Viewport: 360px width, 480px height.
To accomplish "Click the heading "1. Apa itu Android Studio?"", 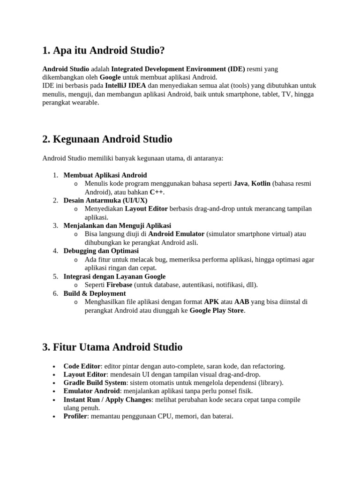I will pyautogui.click(x=104, y=50).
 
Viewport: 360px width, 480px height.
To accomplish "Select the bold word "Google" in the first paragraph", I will pyautogui.click(x=110, y=77).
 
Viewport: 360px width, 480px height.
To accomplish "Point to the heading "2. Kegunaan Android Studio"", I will pyautogui.click(x=107, y=139).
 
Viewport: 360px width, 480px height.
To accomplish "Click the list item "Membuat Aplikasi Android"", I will pyautogui.click(x=105, y=175).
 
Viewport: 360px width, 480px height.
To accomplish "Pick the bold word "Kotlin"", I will pyautogui.click(x=261, y=184).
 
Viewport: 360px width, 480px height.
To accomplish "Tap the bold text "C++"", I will pyautogui.click(x=157, y=192).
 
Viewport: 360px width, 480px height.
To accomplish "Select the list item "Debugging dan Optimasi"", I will pyautogui.click(x=101, y=251).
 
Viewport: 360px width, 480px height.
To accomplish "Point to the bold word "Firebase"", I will pyautogui.click(x=119, y=285).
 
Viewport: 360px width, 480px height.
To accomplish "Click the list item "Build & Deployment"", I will pyautogui.click(x=95, y=293).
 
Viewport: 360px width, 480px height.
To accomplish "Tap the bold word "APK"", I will pyautogui.click(x=212, y=302).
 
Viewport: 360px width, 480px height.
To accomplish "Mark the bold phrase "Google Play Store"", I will pyautogui.click(x=217, y=310).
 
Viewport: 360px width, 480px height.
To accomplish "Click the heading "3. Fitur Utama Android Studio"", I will pyautogui.click(x=112, y=347).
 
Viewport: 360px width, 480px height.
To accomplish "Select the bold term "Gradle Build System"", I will pyautogui.click(x=95, y=383).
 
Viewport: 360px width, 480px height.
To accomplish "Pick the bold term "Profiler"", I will pyautogui.click(x=75, y=416).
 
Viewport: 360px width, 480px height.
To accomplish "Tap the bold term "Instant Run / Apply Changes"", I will pyautogui.click(x=107, y=400).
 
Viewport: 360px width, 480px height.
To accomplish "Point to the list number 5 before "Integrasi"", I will pyautogui.click(x=55, y=277).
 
